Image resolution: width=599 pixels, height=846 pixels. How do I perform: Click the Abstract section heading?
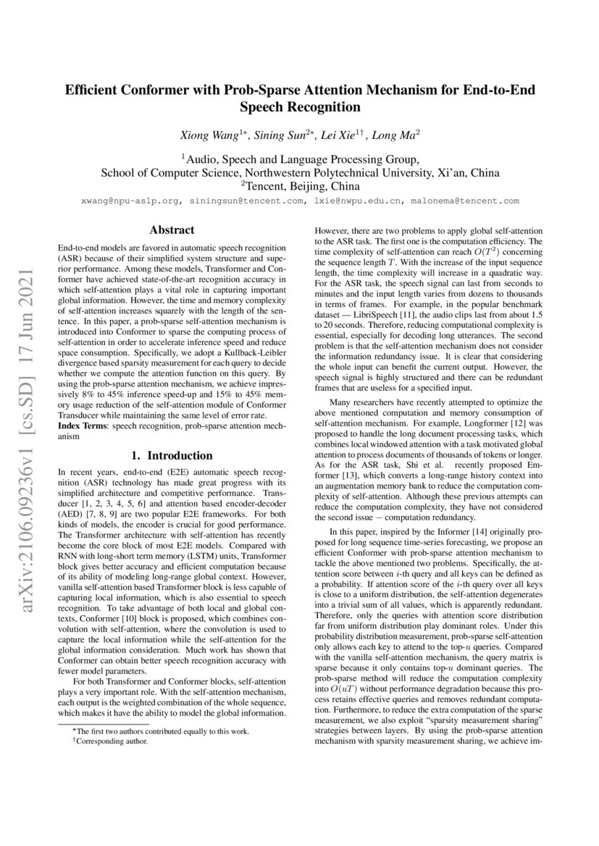point(171,230)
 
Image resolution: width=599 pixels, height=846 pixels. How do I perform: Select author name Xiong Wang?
point(208,135)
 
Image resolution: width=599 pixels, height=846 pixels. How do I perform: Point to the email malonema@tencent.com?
point(465,201)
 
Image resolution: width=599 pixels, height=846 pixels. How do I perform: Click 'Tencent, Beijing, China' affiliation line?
point(300,187)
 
